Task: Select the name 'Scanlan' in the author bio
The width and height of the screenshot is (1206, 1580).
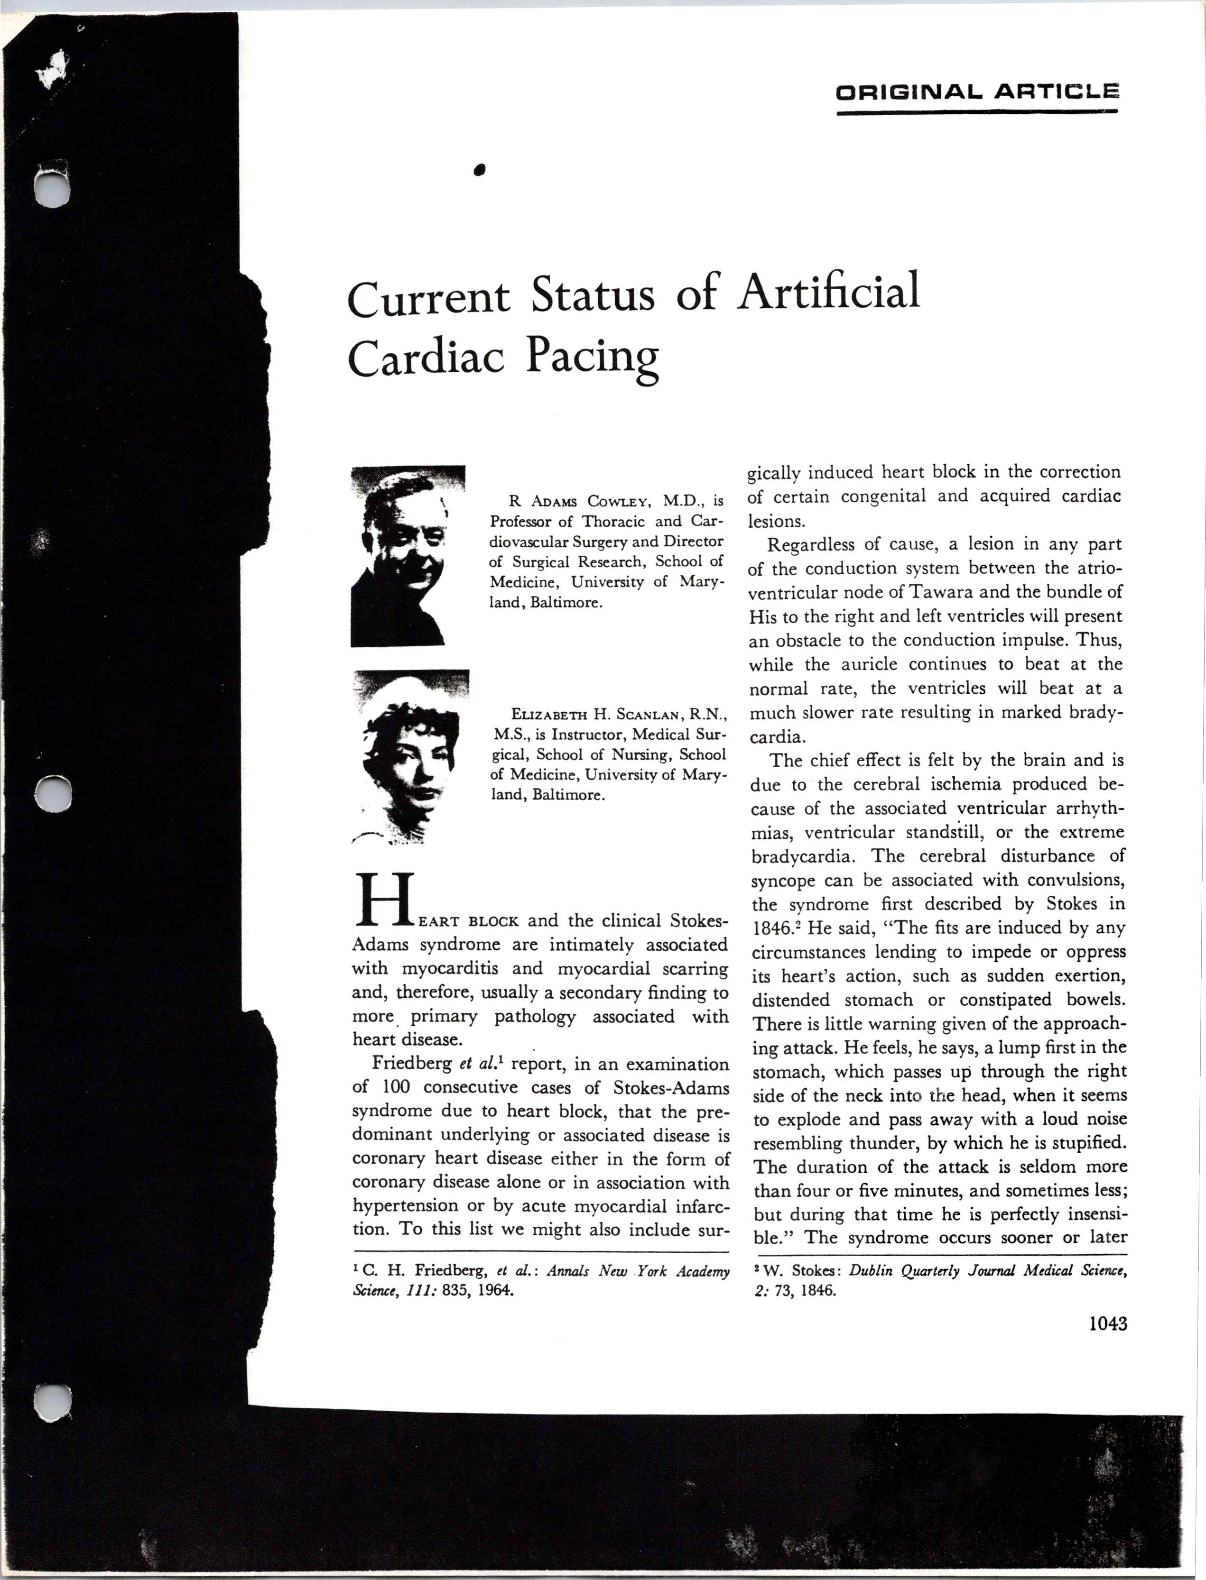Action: pyautogui.click(x=640, y=714)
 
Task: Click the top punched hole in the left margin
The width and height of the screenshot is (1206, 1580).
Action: pyautogui.click(x=53, y=186)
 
